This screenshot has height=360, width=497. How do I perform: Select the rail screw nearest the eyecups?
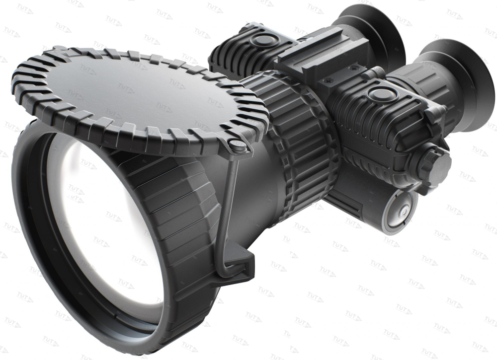354,67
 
